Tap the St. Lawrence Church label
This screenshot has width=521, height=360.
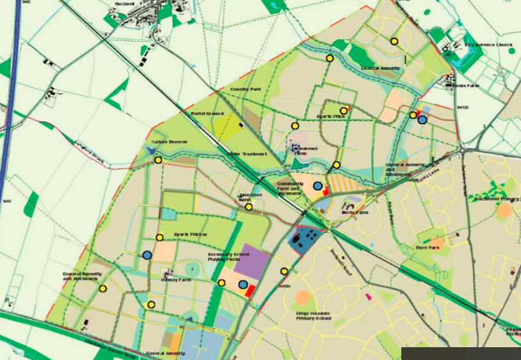pyautogui.click(x=488, y=45)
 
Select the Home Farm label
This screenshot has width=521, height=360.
pyautogui.click(x=466, y=85)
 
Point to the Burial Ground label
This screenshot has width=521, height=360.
pyautogui.click(x=207, y=113)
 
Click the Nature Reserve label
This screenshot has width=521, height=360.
pyautogui.click(x=168, y=142)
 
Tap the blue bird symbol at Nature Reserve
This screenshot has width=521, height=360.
pyautogui.click(x=151, y=150)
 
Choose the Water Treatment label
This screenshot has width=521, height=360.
pyautogui.click(x=246, y=154)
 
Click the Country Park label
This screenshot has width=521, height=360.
pyautogui.click(x=246, y=89)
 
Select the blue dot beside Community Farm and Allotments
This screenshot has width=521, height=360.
pyautogui.click(x=317, y=186)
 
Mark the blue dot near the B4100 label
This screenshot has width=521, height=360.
pyautogui.click(x=422, y=119)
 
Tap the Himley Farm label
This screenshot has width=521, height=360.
pyautogui.click(x=177, y=280)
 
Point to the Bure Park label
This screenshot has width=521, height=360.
pyautogui.click(x=426, y=247)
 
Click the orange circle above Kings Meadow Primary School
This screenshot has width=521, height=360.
pyautogui.click(x=302, y=297)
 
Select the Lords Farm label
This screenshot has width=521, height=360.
pyautogui.click(x=355, y=212)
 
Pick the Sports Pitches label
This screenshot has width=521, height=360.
pyautogui.click(x=191, y=235)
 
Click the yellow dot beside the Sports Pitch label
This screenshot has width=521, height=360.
pyautogui.click(x=345, y=110)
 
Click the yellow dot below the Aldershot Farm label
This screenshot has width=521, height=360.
pyautogui.click(x=249, y=206)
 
